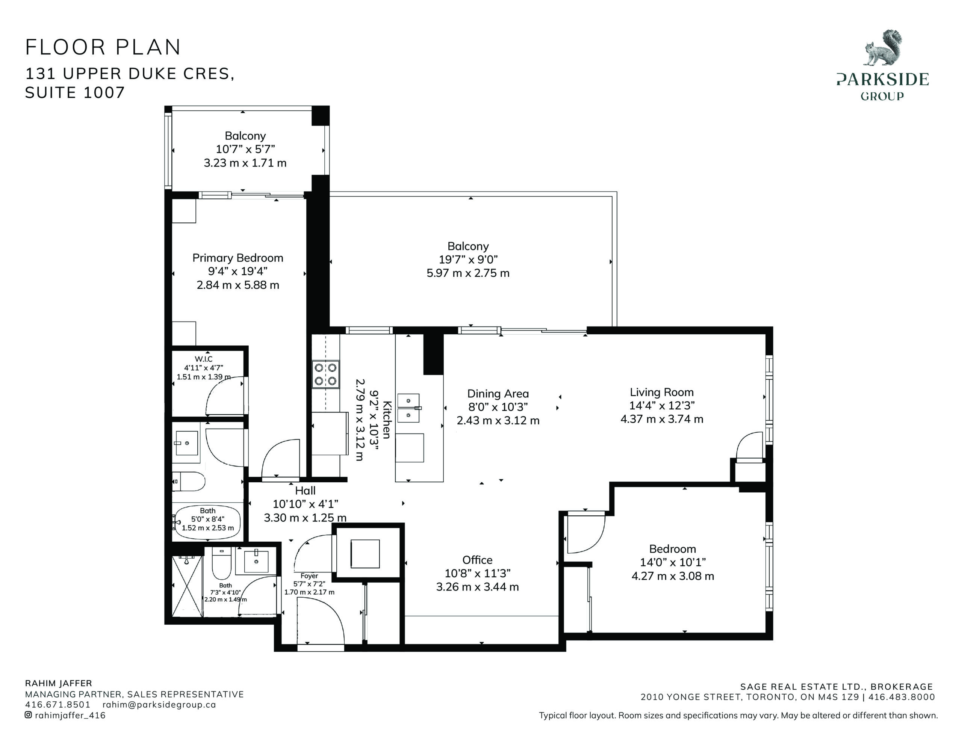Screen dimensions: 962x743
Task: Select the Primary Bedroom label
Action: pyautogui.click(x=238, y=258)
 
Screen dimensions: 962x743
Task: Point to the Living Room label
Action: pyautogui.click(x=662, y=392)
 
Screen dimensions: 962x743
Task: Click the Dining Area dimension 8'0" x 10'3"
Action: pyautogui.click(x=498, y=406)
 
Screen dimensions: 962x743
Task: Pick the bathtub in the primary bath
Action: pyautogui.click(x=208, y=523)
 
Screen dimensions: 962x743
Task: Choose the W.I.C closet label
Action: pyautogui.click(x=204, y=359)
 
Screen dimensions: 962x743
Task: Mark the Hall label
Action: pyautogui.click(x=305, y=491)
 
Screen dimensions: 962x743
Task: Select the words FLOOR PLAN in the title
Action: pyautogui.click(x=103, y=47)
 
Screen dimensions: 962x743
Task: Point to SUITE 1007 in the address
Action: pyautogui.click(x=75, y=92)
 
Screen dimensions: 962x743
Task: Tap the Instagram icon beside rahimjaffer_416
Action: pyautogui.click(x=28, y=715)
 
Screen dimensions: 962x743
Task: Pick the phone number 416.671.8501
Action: pyautogui.click(x=57, y=704)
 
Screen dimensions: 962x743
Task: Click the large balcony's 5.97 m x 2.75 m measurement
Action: pyautogui.click(x=468, y=273)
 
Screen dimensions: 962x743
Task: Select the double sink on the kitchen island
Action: pyautogui.click(x=409, y=408)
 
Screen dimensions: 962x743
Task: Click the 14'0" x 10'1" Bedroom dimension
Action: pyautogui.click(x=673, y=562)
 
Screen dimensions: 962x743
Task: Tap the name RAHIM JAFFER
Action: pyautogui.click(x=59, y=684)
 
